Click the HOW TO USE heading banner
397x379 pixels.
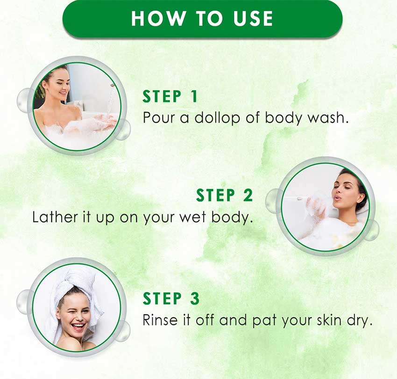202,19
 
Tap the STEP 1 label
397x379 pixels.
170,96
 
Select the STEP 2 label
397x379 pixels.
225,195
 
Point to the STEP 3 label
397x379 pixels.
171,299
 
